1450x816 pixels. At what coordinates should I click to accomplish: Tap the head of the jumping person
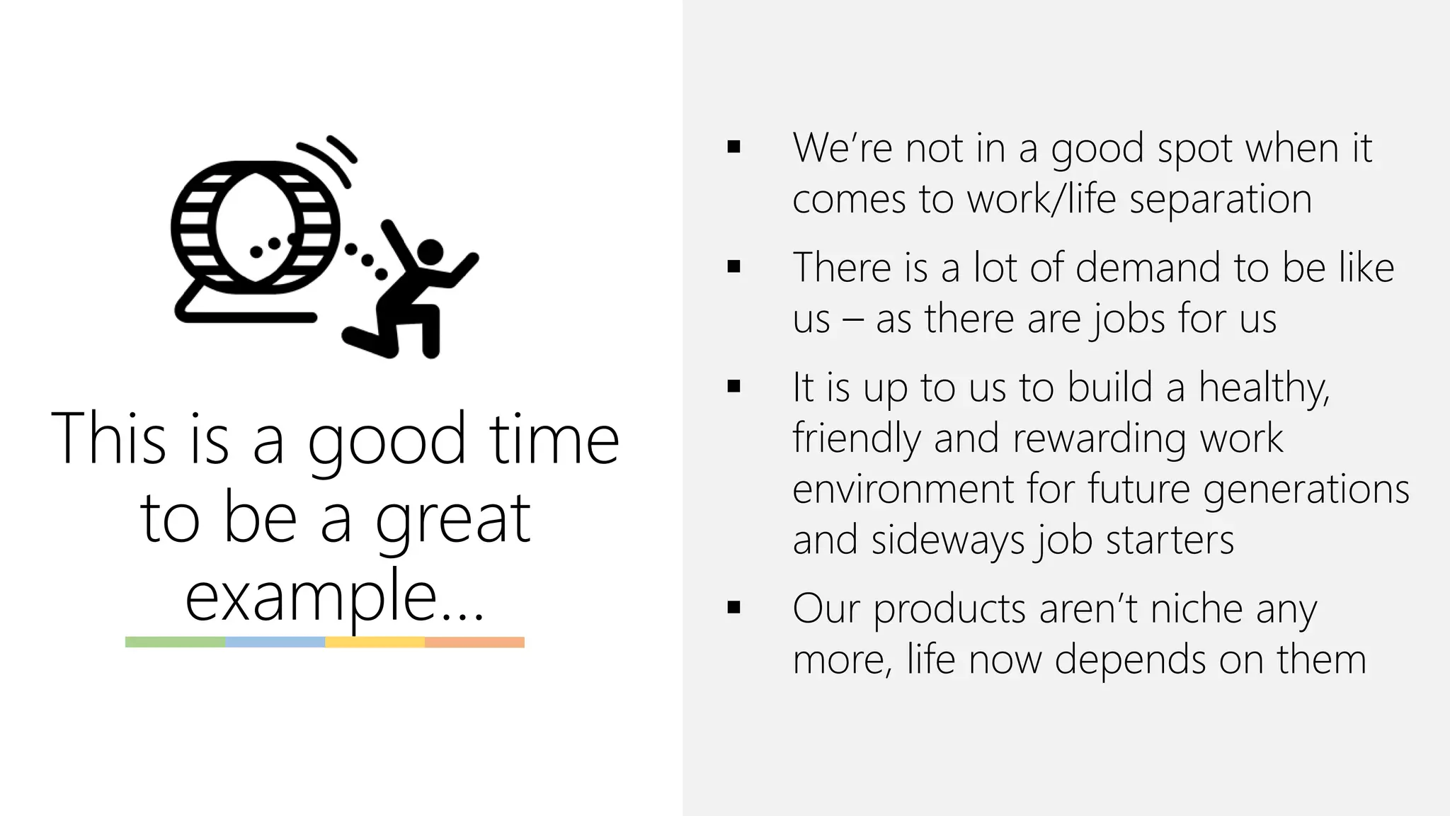[430, 251]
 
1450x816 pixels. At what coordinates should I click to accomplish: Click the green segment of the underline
[176, 642]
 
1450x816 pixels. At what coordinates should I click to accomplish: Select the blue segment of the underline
[275, 642]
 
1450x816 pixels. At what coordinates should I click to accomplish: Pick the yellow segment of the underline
[375, 642]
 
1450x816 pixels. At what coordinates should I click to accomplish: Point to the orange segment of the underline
[474, 642]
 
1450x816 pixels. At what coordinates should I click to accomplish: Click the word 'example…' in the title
[334, 596]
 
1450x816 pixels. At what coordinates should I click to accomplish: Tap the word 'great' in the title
[453, 518]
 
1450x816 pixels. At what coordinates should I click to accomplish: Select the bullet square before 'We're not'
[733, 147]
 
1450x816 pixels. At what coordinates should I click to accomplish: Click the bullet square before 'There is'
[733, 267]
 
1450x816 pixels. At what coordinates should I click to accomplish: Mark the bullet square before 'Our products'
[733, 608]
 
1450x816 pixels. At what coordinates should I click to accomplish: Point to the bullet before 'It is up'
[733, 387]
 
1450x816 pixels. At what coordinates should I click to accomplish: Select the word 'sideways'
[947, 540]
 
